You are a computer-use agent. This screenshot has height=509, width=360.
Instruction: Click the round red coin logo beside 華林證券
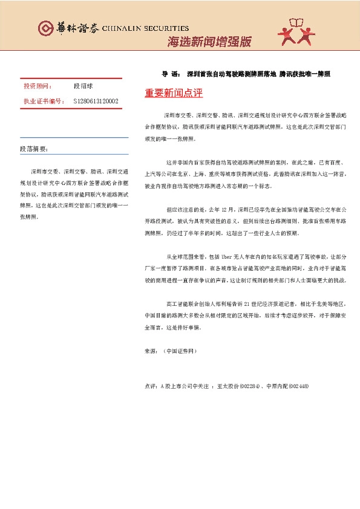[x=45, y=28]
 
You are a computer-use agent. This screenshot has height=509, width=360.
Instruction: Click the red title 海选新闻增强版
[x=209, y=42]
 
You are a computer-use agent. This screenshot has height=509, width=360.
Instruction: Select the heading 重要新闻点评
[x=174, y=93]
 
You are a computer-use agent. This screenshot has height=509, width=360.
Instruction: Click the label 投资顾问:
[x=38, y=86]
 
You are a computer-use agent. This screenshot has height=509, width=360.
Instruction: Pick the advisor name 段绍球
[x=83, y=86]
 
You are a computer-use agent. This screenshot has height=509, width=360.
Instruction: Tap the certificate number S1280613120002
[x=96, y=101]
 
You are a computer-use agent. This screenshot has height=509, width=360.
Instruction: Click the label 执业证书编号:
[x=44, y=101]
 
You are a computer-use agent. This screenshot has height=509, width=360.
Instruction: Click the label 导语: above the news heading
[x=170, y=74]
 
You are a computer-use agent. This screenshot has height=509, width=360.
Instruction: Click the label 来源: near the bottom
[x=151, y=351]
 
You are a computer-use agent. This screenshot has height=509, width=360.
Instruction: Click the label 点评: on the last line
[x=151, y=386]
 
